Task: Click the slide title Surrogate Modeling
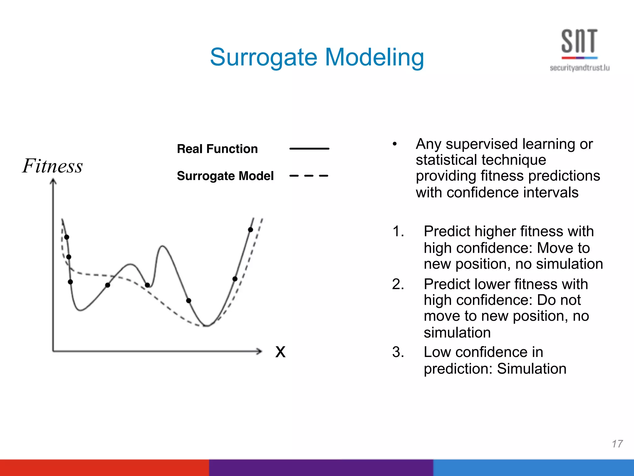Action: click(x=317, y=57)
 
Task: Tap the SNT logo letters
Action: click(x=579, y=41)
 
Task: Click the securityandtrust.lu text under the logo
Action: click(x=580, y=68)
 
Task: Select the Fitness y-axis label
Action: click(x=53, y=166)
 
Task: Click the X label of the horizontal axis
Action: click(x=280, y=352)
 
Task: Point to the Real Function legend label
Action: click(x=217, y=149)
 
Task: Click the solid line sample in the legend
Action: click(x=309, y=149)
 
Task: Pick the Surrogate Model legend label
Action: click(x=225, y=176)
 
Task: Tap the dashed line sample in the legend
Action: click(x=309, y=176)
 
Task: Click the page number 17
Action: click(x=617, y=444)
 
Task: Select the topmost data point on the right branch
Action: click(x=250, y=230)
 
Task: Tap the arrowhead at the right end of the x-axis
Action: click(x=259, y=351)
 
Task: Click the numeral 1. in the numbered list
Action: click(x=398, y=231)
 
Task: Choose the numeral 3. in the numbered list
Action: click(x=398, y=352)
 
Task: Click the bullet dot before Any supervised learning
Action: click(x=394, y=144)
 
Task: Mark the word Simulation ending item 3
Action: click(x=532, y=369)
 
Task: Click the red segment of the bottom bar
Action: click(x=104, y=468)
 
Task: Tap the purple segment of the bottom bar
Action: click(x=321, y=468)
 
